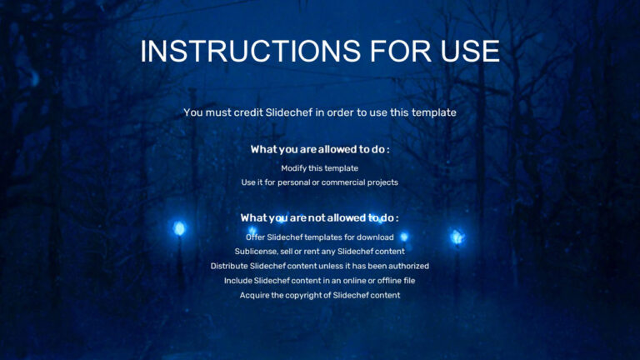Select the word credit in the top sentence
tap(242, 112)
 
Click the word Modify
tap(295, 168)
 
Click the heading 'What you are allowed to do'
tap(319, 149)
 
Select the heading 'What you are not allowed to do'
tap(319, 217)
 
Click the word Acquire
tap(255, 295)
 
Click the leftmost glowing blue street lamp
tap(178, 227)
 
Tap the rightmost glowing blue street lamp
tap(457, 237)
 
